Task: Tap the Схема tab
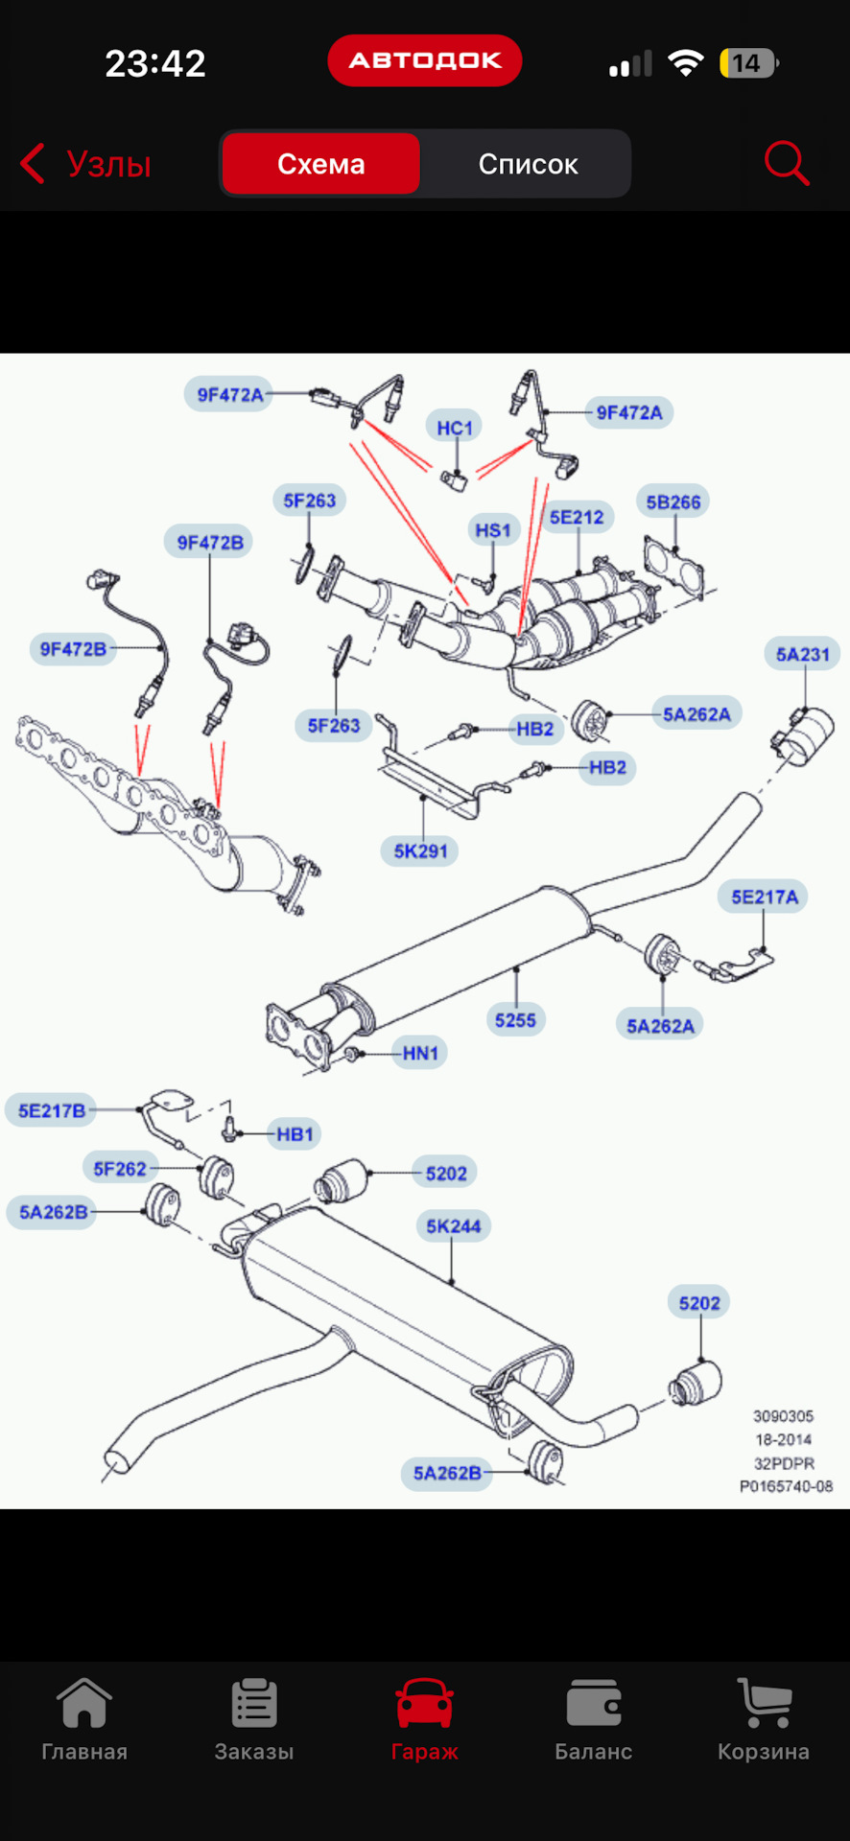(320, 164)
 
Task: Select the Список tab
(528, 164)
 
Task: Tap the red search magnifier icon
(787, 163)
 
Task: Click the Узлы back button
(86, 164)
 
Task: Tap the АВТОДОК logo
(425, 60)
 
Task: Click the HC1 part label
(455, 428)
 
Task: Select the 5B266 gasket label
(673, 502)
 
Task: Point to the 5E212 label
(577, 518)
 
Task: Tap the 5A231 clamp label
(803, 655)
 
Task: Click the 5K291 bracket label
(420, 851)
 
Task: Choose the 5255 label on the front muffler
(515, 1020)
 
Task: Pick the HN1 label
(420, 1054)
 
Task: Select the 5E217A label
(765, 897)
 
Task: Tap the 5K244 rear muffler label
(454, 1226)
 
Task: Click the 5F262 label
(120, 1169)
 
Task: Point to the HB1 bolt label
(295, 1135)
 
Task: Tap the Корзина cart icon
(764, 1705)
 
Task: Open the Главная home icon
(84, 1705)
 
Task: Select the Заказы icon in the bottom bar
(254, 1705)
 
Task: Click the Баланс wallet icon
(594, 1705)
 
